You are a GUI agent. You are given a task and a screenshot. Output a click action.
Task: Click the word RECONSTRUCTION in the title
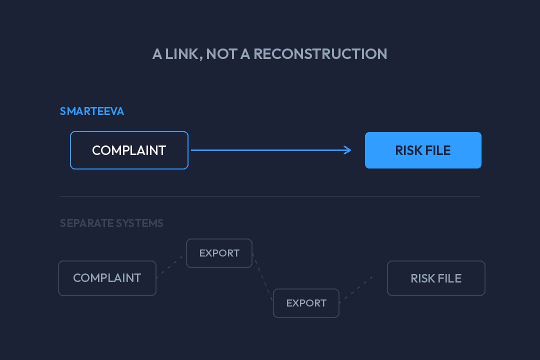[x=320, y=54]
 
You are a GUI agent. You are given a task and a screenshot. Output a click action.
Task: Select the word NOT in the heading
[x=222, y=54]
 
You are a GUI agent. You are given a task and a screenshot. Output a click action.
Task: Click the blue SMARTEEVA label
[x=92, y=111]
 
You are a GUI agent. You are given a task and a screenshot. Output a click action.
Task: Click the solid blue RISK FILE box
[x=423, y=150]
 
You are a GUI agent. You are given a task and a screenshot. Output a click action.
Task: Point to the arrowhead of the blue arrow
[x=348, y=150]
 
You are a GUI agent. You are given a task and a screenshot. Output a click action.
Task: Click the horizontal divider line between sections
[x=270, y=196]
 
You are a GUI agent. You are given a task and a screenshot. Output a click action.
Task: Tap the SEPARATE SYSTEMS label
[x=111, y=223]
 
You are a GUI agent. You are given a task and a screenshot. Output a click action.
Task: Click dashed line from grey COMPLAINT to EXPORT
[x=170, y=267]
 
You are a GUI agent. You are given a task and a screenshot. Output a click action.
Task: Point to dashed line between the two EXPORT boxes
[x=263, y=277]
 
